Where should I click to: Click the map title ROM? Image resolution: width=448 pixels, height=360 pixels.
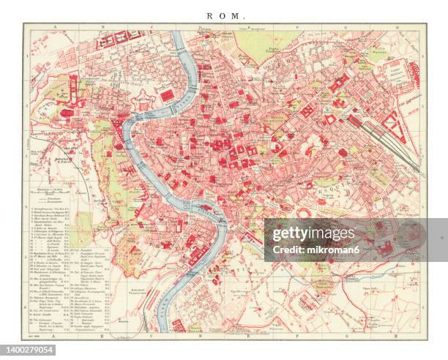[x=224, y=15]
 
